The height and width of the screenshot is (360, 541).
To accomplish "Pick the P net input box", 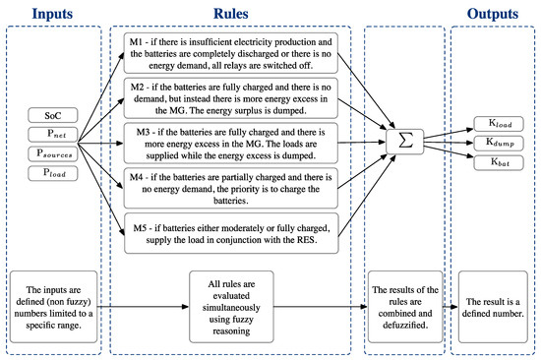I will coord(55,136).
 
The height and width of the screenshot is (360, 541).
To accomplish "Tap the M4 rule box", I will coord(231,189).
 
